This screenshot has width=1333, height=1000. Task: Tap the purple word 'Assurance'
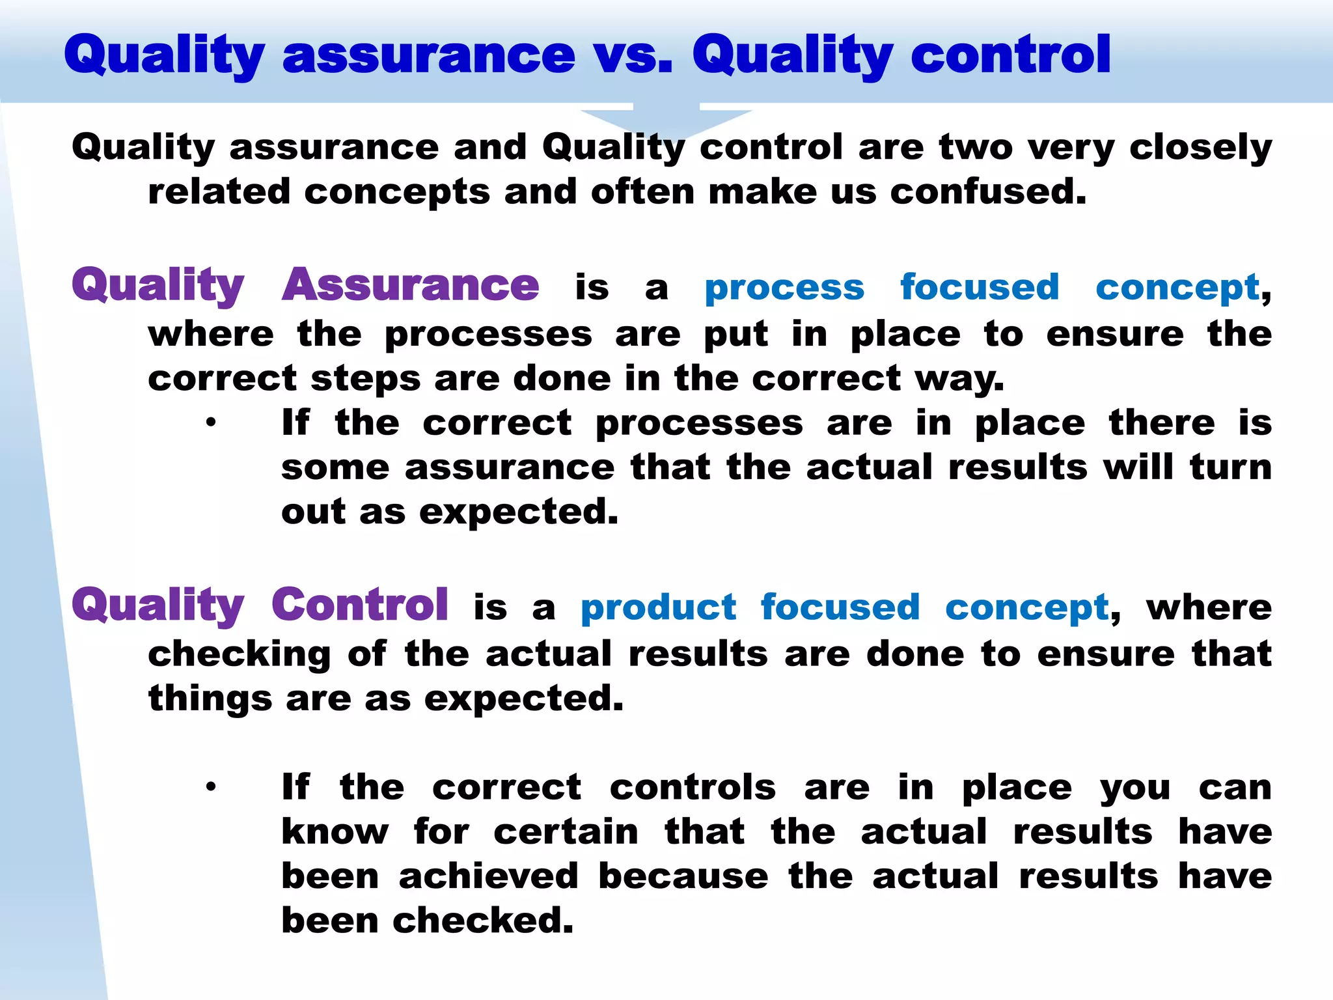click(x=410, y=286)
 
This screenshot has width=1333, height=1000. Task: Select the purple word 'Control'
click(x=359, y=605)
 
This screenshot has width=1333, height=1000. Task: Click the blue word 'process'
click(x=784, y=288)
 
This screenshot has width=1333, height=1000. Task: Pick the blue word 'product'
click(x=658, y=608)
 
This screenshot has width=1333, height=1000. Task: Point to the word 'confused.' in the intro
click(x=988, y=192)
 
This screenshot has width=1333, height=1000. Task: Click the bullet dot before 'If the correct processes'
click(x=210, y=423)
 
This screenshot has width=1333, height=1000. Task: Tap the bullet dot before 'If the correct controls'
click(x=210, y=788)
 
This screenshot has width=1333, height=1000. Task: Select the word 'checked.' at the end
click(x=482, y=921)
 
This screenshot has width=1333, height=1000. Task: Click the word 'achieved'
click(x=488, y=876)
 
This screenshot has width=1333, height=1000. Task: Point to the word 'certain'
click(x=566, y=832)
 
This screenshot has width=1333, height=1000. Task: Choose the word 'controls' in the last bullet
click(x=693, y=788)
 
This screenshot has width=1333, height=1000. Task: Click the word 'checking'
click(x=240, y=654)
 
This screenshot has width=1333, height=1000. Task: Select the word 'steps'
click(x=365, y=380)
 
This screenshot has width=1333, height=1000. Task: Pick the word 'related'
click(x=219, y=192)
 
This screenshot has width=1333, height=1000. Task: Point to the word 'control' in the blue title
click(x=1010, y=55)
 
